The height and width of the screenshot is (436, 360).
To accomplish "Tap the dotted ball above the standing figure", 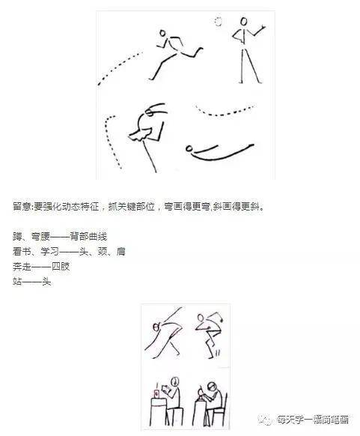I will [x=218, y=20].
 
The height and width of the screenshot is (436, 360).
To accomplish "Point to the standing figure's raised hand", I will [x=263, y=27].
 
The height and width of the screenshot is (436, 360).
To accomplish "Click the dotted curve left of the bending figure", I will [x=112, y=142].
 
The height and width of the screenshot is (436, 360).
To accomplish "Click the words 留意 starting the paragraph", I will [x=22, y=205].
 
